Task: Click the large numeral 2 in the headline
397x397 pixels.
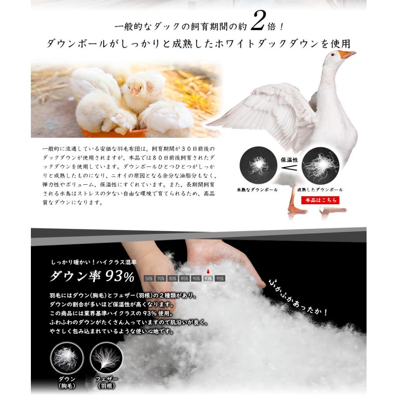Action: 258,22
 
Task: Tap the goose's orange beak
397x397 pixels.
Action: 348,54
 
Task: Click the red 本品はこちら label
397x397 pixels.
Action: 321,200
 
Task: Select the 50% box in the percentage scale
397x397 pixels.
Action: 149,278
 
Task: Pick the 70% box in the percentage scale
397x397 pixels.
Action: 161,278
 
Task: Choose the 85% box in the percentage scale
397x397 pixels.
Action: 184,278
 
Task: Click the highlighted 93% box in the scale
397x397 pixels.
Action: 208,278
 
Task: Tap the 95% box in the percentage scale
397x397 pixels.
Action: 220,278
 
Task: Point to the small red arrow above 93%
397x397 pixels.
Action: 208,272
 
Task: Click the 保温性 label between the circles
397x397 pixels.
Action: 289,160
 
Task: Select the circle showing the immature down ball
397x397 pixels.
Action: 258,165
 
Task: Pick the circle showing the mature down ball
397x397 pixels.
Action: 320,165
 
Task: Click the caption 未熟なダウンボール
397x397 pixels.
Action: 257,190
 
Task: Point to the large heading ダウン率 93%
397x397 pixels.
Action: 92,276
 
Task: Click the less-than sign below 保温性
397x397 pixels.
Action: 289,168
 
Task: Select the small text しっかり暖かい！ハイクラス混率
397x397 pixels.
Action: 94,262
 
